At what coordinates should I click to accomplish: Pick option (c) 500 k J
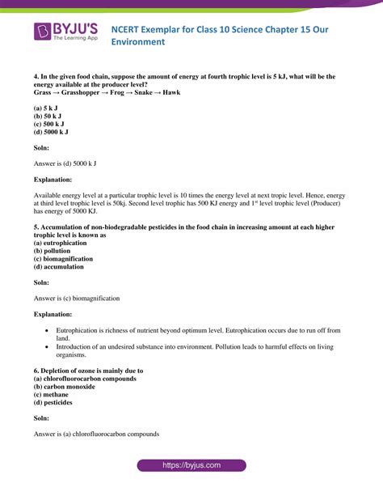click(51, 123)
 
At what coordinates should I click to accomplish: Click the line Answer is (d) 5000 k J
click(65, 163)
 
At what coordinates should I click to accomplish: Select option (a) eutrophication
click(65, 243)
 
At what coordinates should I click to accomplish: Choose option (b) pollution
click(57, 250)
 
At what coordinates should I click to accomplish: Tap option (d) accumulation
click(61, 266)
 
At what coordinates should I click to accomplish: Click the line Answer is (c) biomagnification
click(77, 298)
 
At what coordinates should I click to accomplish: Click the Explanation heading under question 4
click(53, 179)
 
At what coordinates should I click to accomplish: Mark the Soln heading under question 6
click(41, 418)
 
